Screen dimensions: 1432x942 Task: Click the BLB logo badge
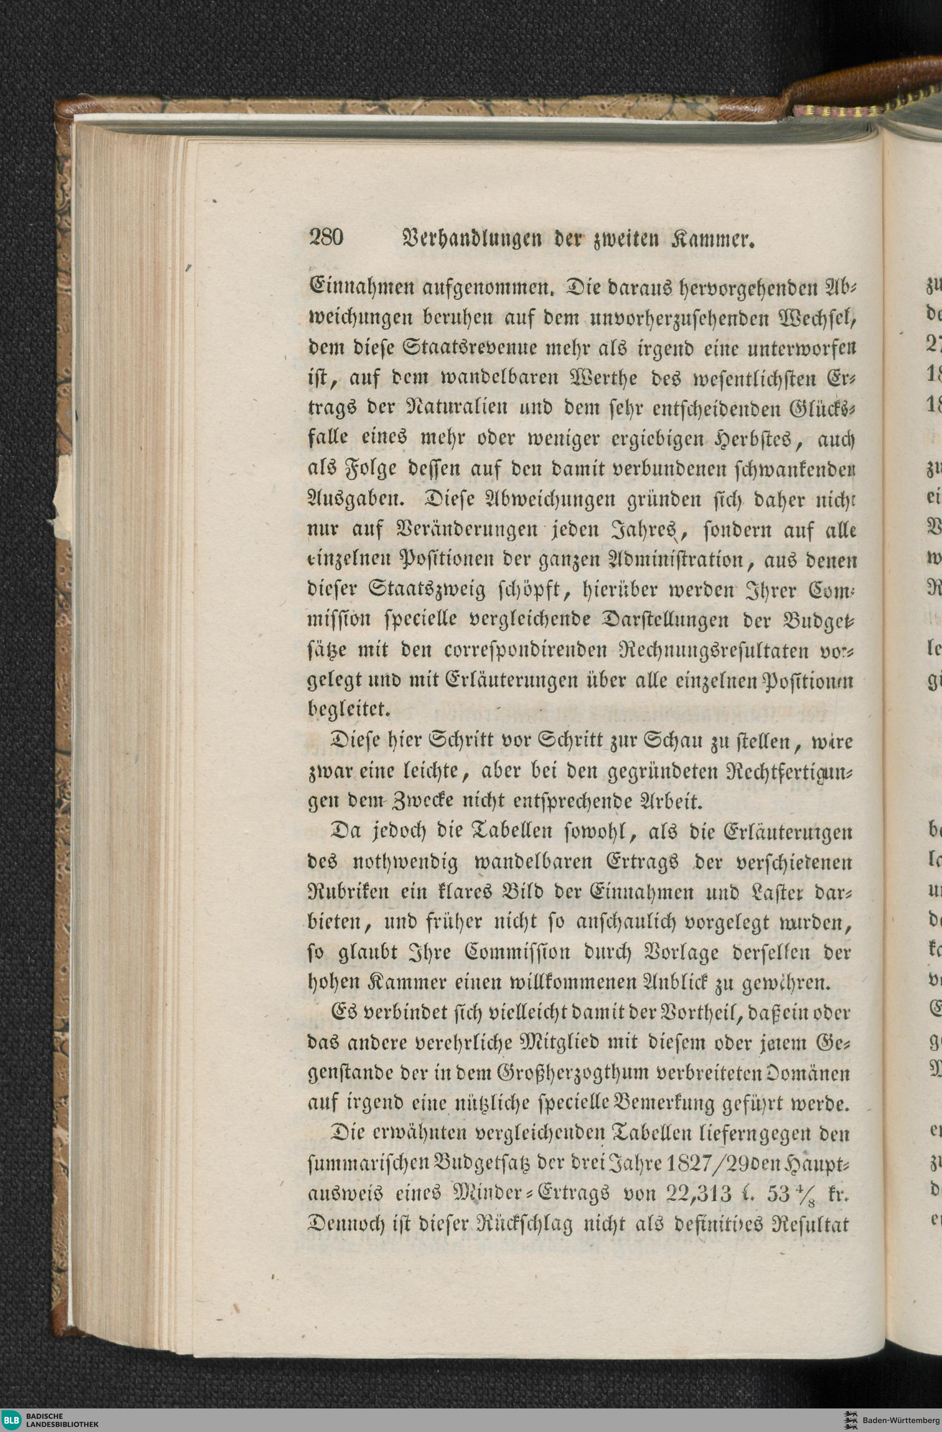(12, 1419)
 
